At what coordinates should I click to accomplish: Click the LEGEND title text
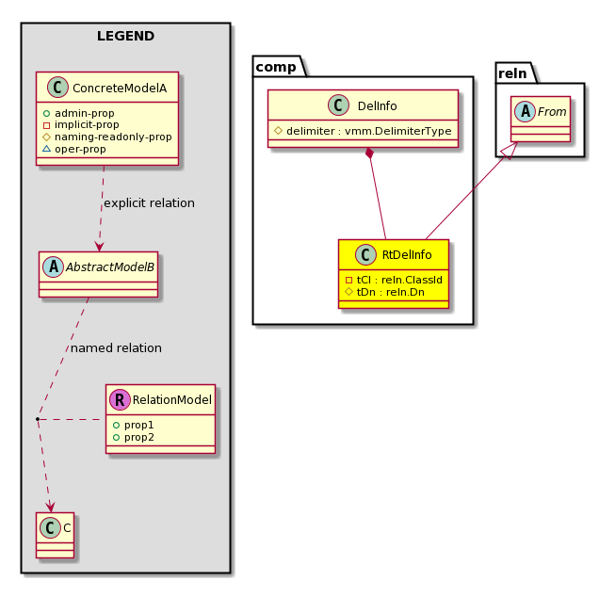(125, 36)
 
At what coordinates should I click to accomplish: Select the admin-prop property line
(78, 113)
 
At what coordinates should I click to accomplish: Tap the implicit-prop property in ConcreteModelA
(81, 125)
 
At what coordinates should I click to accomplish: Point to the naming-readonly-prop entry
(107, 137)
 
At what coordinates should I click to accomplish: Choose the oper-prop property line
(74, 149)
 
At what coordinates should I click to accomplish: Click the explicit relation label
(149, 203)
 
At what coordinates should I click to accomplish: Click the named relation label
(116, 348)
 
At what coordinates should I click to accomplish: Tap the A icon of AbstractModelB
(54, 267)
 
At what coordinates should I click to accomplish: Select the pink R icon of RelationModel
(120, 400)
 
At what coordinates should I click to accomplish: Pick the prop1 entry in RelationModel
(133, 425)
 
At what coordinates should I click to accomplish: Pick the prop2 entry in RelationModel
(133, 437)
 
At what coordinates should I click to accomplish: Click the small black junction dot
(38, 419)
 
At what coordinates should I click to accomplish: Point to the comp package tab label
(276, 67)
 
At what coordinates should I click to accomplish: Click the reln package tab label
(512, 73)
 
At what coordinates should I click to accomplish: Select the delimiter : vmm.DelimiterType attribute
(363, 131)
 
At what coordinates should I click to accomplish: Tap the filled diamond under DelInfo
(369, 153)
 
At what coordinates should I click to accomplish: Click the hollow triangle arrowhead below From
(510, 151)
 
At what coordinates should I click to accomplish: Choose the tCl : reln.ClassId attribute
(394, 280)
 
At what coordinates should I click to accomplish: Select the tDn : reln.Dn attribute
(384, 292)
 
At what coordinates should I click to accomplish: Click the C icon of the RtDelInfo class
(365, 254)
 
